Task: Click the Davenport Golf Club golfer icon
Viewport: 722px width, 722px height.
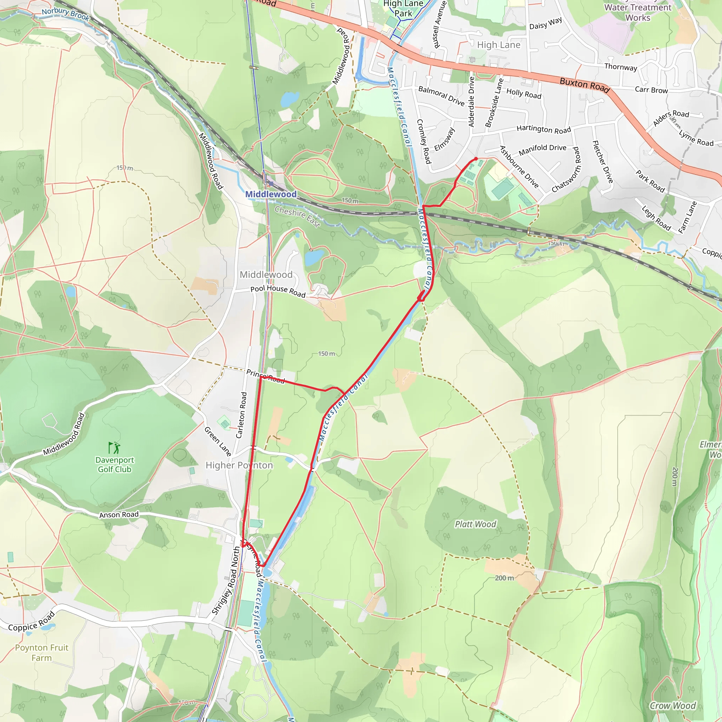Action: (x=114, y=447)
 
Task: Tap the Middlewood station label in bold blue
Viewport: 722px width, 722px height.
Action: (x=271, y=194)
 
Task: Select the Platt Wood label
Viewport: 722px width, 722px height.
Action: (x=475, y=524)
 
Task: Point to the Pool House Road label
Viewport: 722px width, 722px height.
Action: (x=278, y=291)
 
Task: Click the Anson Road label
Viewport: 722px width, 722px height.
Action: (x=119, y=515)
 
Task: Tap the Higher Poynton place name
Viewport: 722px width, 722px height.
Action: (x=239, y=465)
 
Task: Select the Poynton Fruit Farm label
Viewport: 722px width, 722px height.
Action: (x=42, y=653)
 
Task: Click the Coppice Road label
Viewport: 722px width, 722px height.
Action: (x=32, y=622)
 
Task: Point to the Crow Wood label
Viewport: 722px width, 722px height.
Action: (x=673, y=705)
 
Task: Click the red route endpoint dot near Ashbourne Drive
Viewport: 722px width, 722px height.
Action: (x=476, y=159)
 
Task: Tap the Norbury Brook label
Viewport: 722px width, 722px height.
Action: (x=66, y=14)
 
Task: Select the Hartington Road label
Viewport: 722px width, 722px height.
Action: (x=544, y=129)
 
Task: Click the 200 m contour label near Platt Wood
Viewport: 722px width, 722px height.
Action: (x=504, y=578)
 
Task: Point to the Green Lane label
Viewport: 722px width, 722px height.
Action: (x=218, y=441)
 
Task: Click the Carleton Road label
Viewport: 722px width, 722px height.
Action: (x=241, y=415)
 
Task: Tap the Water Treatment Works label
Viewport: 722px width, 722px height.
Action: (x=638, y=12)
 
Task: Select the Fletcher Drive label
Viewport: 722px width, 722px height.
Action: (x=602, y=162)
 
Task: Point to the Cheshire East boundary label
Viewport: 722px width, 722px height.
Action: (x=298, y=217)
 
